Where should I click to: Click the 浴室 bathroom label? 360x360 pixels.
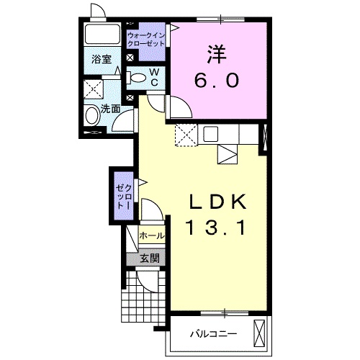tap(102, 59)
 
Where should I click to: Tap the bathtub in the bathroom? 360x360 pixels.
tap(102, 34)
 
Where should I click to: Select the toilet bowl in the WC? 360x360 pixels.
tap(137, 78)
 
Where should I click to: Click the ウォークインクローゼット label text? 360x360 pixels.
tap(146, 40)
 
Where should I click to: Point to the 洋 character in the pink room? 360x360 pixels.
tap(217, 55)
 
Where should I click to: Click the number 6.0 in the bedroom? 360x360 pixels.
tap(217, 80)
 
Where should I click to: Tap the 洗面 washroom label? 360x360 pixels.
tap(110, 109)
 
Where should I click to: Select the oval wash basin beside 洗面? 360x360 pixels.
tap(92, 115)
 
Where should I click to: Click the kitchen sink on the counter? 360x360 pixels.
tap(211, 134)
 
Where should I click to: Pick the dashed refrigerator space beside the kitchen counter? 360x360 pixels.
tap(186, 135)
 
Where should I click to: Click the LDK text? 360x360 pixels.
tap(217, 202)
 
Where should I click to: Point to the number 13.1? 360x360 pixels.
tap(216, 228)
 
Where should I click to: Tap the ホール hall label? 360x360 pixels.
tap(152, 235)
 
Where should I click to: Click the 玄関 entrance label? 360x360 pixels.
tap(150, 258)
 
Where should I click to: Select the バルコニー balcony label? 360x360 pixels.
tap(214, 333)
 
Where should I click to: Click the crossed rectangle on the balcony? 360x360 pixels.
tap(259, 333)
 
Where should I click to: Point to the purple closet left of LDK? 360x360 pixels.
tap(124, 196)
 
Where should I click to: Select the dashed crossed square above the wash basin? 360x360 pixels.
tap(94, 89)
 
